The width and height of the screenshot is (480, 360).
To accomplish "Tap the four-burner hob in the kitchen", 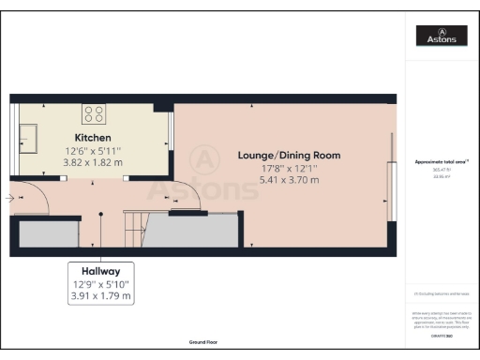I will click(94, 113).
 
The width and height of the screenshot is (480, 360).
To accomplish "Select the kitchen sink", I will click(25, 138).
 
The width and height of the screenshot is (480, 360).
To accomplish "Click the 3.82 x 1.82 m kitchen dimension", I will click(93, 162).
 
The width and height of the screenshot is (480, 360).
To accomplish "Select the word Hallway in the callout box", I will click(101, 269).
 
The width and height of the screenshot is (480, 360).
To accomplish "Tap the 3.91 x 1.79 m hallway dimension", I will click(101, 296).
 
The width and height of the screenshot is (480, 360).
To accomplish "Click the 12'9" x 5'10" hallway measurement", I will click(101, 283).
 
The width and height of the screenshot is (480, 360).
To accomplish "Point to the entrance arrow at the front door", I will click(8, 198).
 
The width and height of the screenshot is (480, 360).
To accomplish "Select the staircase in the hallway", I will click(137, 230).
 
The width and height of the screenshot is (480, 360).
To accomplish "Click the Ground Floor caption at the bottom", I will click(202, 343).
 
